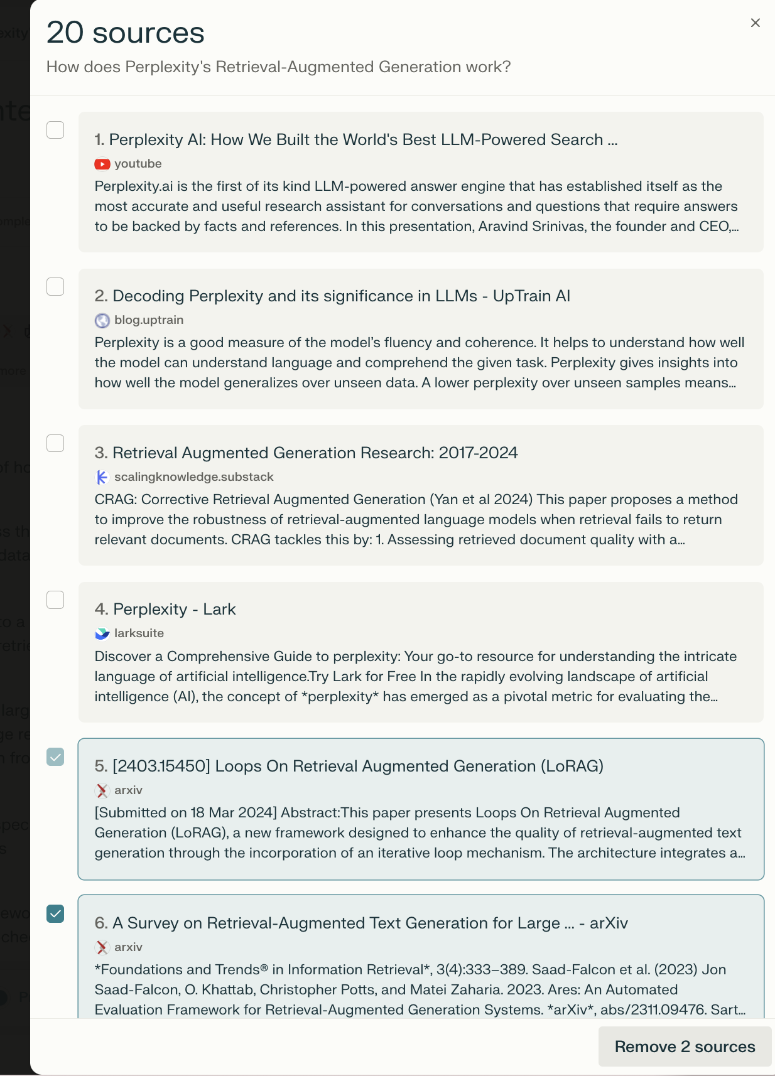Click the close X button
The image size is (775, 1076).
click(x=755, y=23)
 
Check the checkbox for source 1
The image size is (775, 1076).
click(x=55, y=130)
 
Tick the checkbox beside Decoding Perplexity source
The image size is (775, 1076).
click(x=55, y=287)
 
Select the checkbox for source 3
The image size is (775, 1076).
click(x=55, y=443)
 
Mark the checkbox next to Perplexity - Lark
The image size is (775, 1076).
click(x=55, y=600)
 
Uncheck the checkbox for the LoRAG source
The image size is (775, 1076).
click(x=55, y=757)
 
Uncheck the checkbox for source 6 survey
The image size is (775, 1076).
click(x=55, y=913)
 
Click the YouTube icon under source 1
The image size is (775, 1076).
click(x=102, y=164)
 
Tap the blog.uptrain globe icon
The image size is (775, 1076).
click(x=102, y=321)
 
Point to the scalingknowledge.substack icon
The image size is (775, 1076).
click(x=102, y=477)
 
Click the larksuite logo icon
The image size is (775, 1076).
click(x=102, y=633)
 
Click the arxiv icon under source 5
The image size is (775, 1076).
click(x=102, y=790)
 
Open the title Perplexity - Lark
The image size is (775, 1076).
click(x=165, y=609)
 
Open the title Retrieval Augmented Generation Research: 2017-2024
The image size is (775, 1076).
click(x=306, y=453)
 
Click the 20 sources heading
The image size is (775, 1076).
click(x=126, y=33)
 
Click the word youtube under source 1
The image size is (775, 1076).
click(x=138, y=164)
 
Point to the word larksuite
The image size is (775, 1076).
click(x=139, y=633)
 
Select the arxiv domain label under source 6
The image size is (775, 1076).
click(x=128, y=947)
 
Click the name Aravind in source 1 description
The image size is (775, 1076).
click(x=505, y=227)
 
